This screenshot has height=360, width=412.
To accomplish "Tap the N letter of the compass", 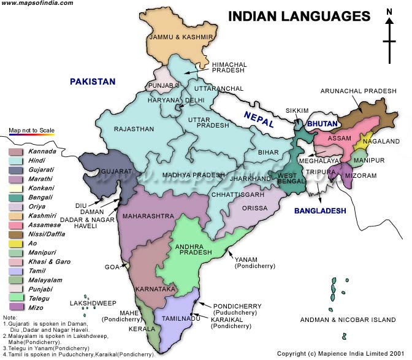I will (389, 12).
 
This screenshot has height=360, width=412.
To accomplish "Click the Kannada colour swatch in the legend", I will (16, 151).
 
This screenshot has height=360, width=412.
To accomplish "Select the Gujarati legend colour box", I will (16, 169).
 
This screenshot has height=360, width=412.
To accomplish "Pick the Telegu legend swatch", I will (16, 297).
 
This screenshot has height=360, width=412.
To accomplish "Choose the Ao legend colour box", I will (16, 242).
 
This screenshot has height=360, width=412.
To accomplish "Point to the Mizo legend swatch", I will (16, 307).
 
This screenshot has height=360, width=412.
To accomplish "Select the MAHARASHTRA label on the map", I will (147, 216).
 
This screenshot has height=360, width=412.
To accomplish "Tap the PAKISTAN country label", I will (92, 82).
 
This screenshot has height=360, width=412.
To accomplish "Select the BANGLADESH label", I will (320, 210).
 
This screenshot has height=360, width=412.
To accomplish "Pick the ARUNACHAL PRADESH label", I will (359, 91).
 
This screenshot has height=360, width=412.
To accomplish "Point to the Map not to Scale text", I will (31, 131).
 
